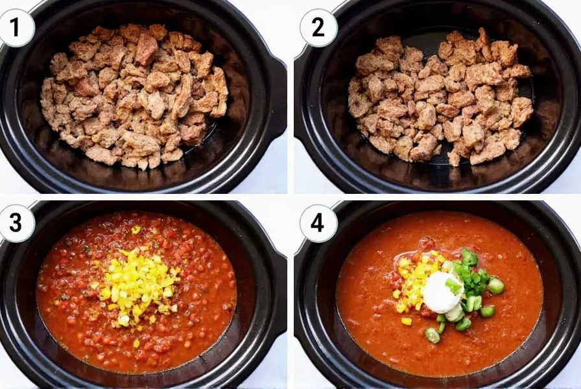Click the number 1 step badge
[14, 27]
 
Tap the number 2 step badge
[318, 27]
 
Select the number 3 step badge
[14, 222]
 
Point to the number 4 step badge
[318, 222]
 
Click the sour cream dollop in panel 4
[442, 292]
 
